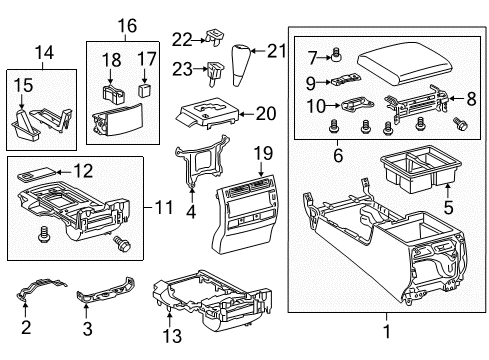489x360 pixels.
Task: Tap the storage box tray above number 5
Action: click(x=411, y=169)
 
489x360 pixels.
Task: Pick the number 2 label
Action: click(x=28, y=326)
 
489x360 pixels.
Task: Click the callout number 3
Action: click(x=86, y=326)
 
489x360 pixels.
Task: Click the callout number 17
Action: click(x=146, y=58)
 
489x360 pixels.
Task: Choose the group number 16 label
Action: click(x=125, y=25)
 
